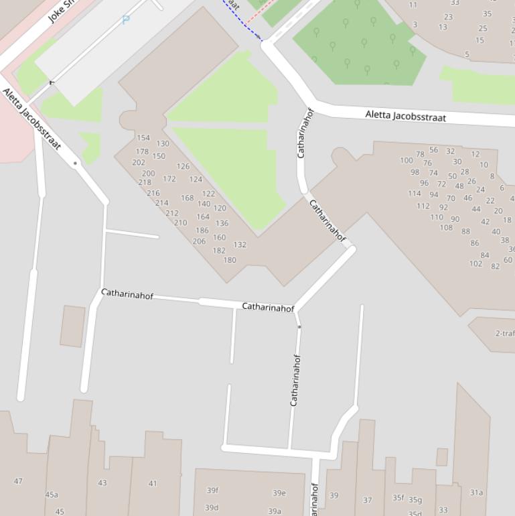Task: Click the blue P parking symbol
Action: [x=126, y=21]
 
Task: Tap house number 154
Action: [x=143, y=138]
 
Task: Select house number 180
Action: [x=230, y=260]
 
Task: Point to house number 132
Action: [x=240, y=245]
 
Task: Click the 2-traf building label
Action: [x=505, y=333]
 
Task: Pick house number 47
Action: [x=18, y=481]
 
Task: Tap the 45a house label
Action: [x=52, y=495]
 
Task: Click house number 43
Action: [x=102, y=482]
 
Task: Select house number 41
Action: [x=153, y=483]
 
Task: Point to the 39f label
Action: [x=212, y=491]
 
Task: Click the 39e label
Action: [x=279, y=493]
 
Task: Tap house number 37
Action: [x=368, y=500]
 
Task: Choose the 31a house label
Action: [x=476, y=493]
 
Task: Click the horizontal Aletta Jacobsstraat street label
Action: [x=405, y=116]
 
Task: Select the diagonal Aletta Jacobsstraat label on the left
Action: [x=31, y=119]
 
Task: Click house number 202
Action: [x=139, y=162]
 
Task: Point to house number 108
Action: [x=446, y=228]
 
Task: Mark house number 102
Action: [x=475, y=263]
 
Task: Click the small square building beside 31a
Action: [x=441, y=457]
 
